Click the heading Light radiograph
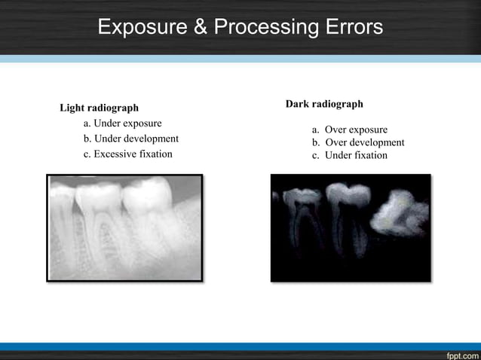pos(99,108)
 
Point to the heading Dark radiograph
pos(324,104)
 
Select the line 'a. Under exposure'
pos(122,124)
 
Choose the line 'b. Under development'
pos(130,139)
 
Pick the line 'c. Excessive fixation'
pos(127,154)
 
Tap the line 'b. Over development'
pos(358,142)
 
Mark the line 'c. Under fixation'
pos(350,155)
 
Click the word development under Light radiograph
pos(151,139)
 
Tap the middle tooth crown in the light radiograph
pos(98,194)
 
